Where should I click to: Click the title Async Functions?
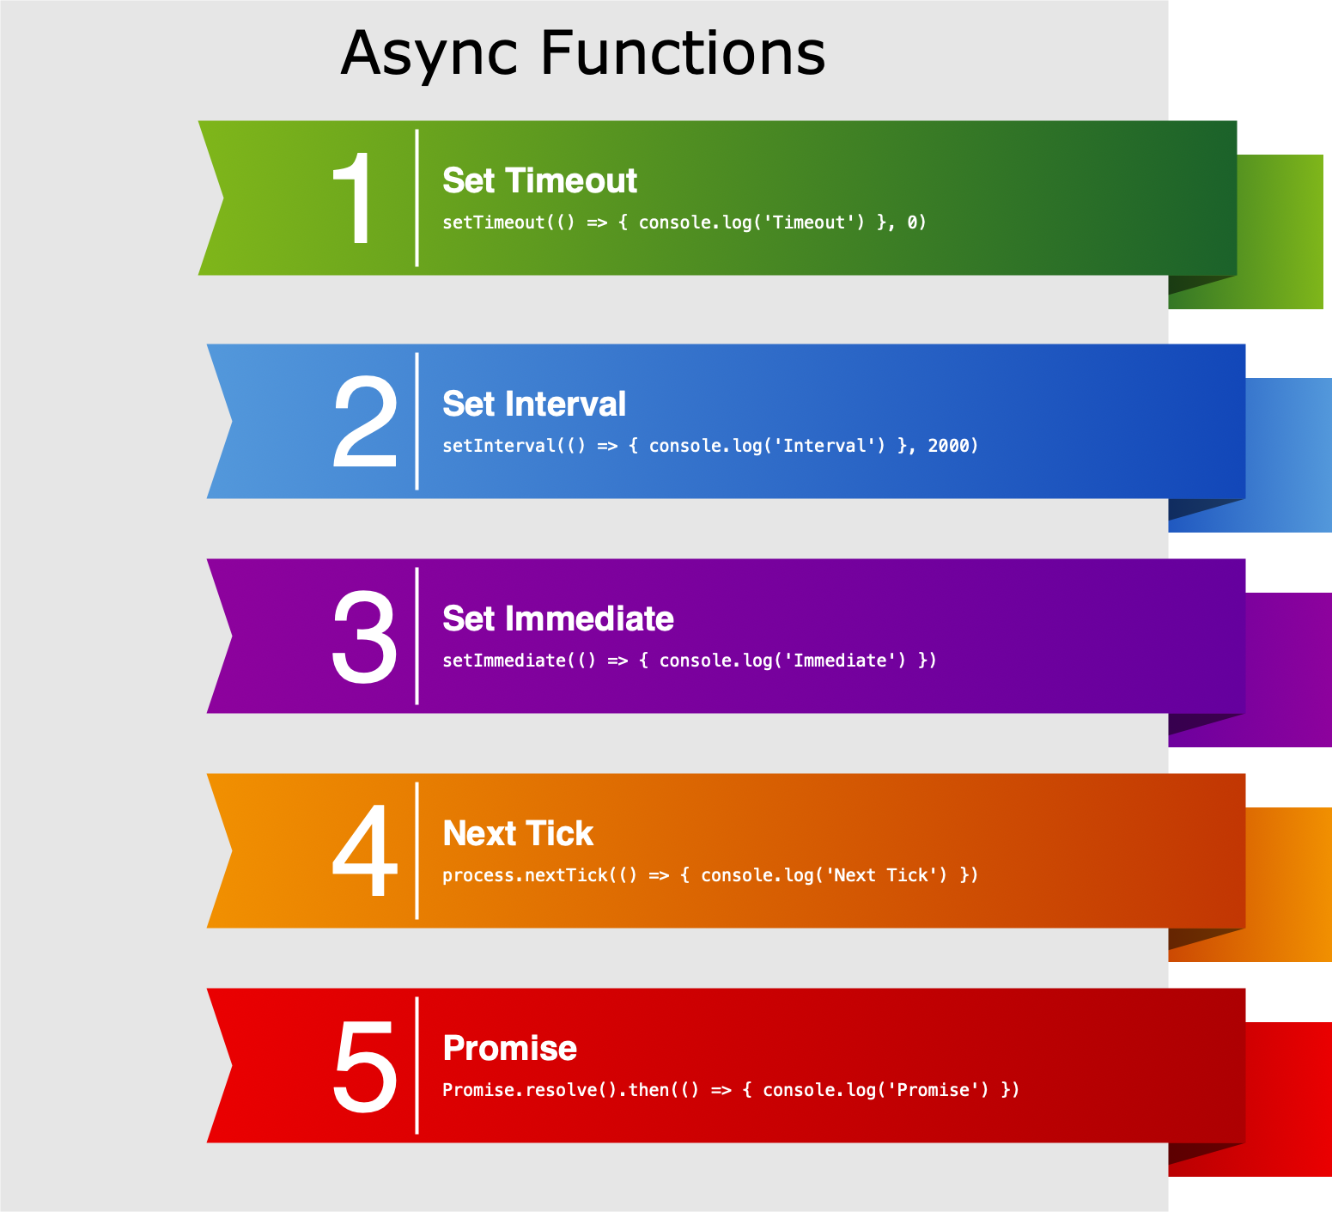point(583,53)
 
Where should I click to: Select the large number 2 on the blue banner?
point(365,423)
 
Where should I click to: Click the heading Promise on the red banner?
point(510,1049)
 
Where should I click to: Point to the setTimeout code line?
point(684,223)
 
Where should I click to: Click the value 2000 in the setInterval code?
point(949,446)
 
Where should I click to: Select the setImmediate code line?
point(690,661)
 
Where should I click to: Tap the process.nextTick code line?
point(710,876)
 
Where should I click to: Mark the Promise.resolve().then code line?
point(731,1091)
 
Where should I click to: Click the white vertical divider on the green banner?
point(417,198)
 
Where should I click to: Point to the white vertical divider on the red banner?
point(417,1065)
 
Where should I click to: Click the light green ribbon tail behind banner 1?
point(1280,232)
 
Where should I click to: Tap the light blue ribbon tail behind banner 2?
point(1289,455)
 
